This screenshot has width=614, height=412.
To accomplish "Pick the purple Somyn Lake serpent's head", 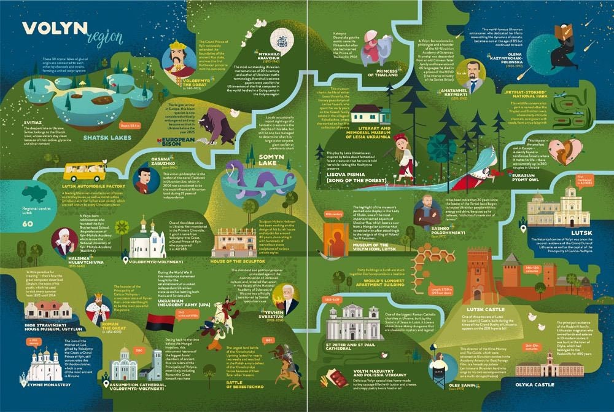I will (236, 168).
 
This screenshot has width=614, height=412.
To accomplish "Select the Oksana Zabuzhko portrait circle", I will (146, 180).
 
